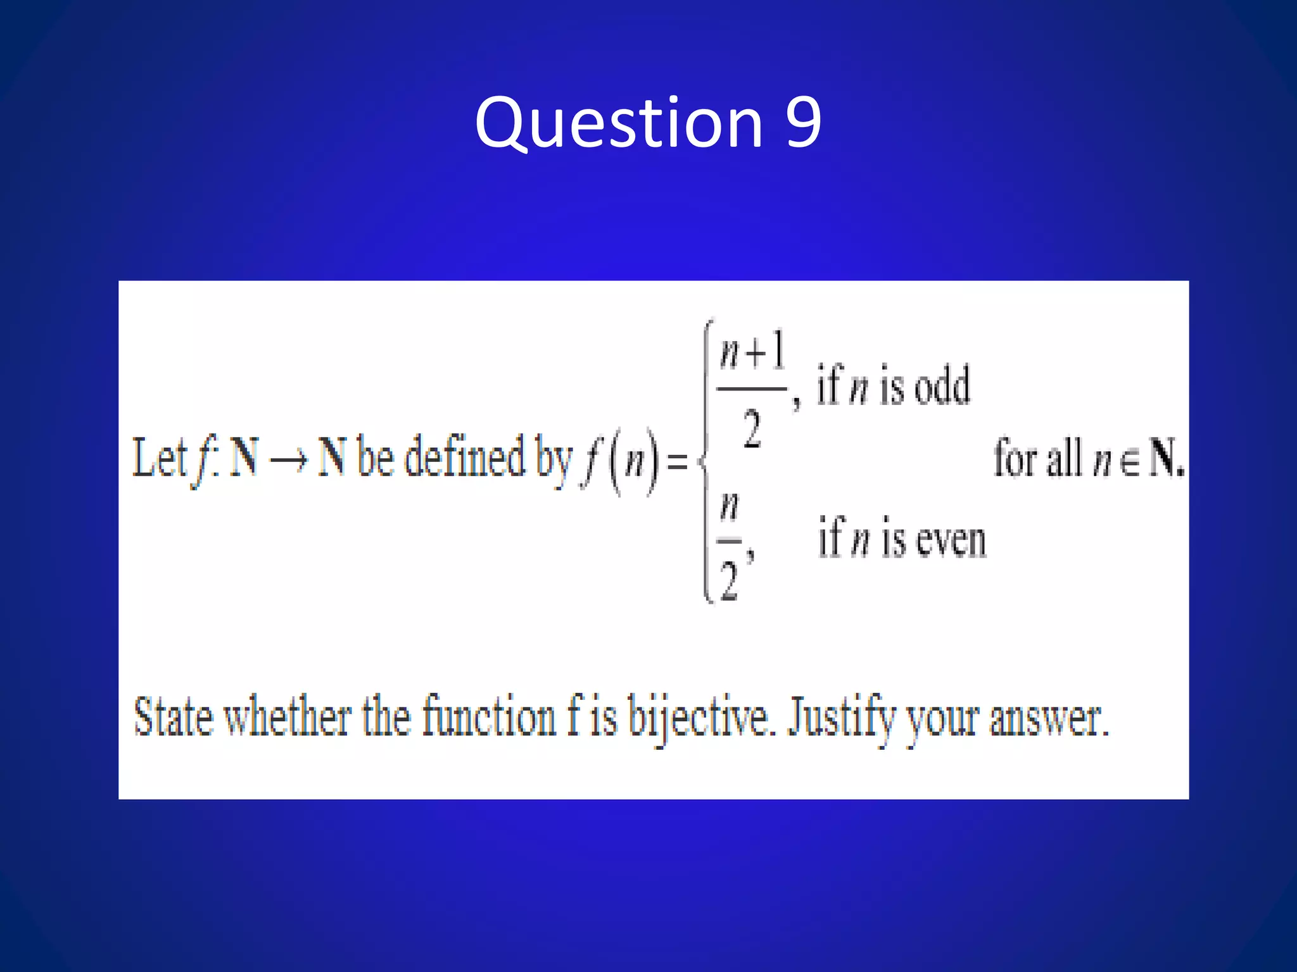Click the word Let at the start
pos(159,458)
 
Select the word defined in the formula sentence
pos(465,457)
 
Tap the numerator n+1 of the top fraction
pos(752,352)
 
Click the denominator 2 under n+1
pos(752,429)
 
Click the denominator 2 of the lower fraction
pos(729,581)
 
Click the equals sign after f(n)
pos(677,461)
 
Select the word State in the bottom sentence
pos(173,718)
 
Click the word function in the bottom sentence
pos(489,718)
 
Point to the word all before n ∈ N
pos(1064,458)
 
